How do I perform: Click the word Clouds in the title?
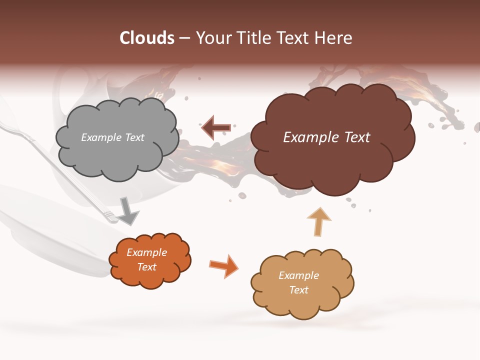pos(147,38)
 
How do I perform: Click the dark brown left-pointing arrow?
pos(216,127)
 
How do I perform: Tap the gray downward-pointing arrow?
pos(128,210)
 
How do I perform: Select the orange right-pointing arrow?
pos(223,265)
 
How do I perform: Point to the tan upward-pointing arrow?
pos(318,221)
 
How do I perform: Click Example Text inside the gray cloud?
pos(112,137)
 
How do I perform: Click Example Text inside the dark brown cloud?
pos(326,137)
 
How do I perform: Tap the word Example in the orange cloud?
pos(146,252)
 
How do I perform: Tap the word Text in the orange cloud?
pos(146,267)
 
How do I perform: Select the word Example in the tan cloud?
pos(298,275)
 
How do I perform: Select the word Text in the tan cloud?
pos(298,290)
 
